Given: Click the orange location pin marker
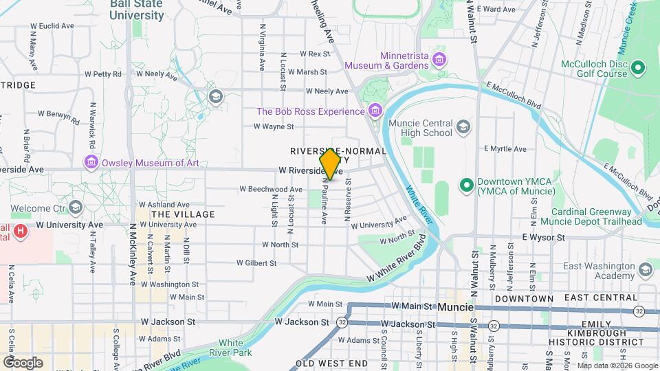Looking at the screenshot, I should click(x=331, y=164).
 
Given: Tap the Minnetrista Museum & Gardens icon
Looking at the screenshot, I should click(x=439, y=60).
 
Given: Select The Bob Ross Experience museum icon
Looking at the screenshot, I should click(x=375, y=111).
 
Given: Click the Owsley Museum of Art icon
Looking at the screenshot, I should click(x=91, y=162).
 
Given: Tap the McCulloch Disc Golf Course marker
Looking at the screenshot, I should click(x=638, y=67).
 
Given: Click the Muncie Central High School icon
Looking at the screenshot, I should click(x=463, y=126).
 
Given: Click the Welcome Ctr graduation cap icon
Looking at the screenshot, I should click(x=76, y=207).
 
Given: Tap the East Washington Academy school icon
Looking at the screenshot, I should click(x=644, y=267).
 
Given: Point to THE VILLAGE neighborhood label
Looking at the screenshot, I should click(x=183, y=214).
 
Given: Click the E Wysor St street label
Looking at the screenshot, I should click(x=542, y=237).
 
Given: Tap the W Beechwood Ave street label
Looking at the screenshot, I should click(x=271, y=189).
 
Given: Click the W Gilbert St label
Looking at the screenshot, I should click(x=256, y=262).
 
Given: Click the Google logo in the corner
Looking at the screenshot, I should click(x=23, y=362).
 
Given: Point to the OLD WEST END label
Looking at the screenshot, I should click(x=327, y=362).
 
